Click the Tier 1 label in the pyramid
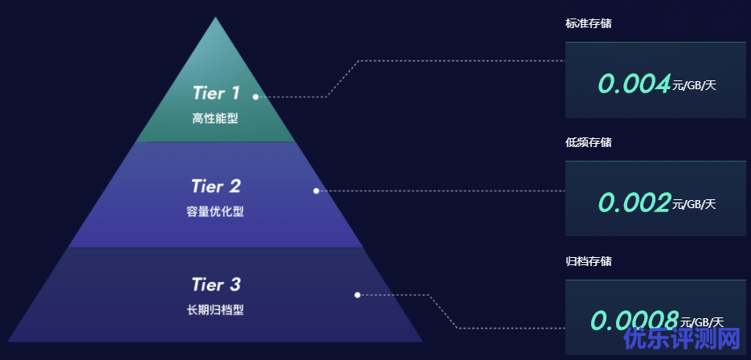point(215,93)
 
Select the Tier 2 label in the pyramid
point(215,186)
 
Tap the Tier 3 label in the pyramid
point(215,284)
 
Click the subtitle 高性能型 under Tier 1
point(215,119)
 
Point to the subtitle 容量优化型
point(215,212)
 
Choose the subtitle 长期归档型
point(215,309)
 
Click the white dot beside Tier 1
point(255,96)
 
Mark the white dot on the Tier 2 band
point(316,190)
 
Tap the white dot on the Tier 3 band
point(357,295)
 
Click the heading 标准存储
point(588,24)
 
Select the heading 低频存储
point(588,143)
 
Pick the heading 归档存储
point(588,261)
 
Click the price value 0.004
point(634,83)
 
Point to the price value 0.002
point(634,202)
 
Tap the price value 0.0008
point(635,321)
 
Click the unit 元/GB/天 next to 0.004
point(694,85)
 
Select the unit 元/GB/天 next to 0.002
point(694,204)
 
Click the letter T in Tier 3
point(197,284)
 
